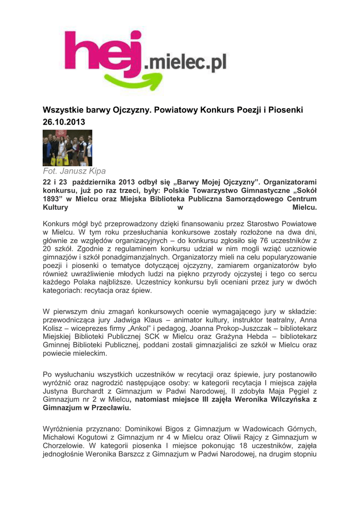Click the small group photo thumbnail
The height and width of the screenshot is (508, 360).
click(68, 148)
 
